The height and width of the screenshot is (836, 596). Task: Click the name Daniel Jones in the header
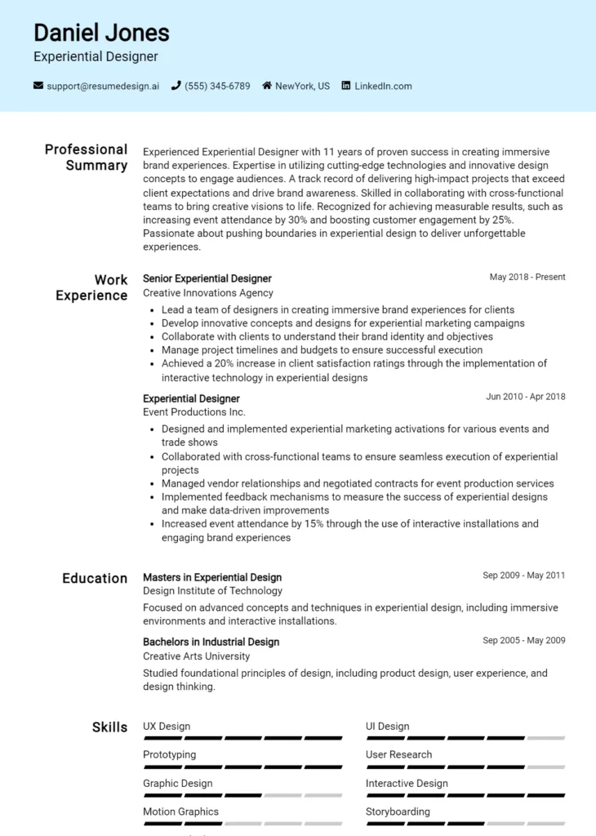pyautogui.click(x=101, y=33)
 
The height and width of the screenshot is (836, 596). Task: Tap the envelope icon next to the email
pyautogui.click(x=38, y=86)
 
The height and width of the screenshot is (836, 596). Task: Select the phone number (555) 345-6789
pyautogui.click(x=217, y=86)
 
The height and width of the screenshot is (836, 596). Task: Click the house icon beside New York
pyautogui.click(x=267, y=86)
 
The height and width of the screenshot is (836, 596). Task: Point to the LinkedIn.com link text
pyautogui.click(x=383, y=86)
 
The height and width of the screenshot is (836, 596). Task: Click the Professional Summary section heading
pyautogui.click(x=86, y=158)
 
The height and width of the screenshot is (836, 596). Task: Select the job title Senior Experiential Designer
pyautogui.click(x=207, y=278)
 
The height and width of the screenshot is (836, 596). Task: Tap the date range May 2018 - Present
pyautogui.click(x=527, y=278)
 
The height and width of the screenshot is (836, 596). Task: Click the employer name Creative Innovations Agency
pyautogui.click(x=208, y=293)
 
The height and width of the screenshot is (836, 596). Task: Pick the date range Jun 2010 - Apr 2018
pyautogui.click(x=526, y=397)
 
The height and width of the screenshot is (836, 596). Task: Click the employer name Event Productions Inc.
pyautogui.click(x=194, y=412)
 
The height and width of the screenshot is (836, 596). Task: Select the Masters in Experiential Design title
pyautogui.click(x=212, y=577)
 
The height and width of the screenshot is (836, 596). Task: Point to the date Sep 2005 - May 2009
pyautogui.click(x=524, y=641)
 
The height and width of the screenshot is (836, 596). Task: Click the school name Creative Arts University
pyautogui.click(x=197, y=656)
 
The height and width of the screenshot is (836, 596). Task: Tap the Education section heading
pyautogui.click(x=95, y=578)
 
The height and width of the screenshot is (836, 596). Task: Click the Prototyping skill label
pyautogui.click(x=169, y=755)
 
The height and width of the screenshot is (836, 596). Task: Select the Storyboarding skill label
pyautogui.click(x=398, y=812)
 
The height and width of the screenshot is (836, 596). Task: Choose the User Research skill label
pyautogui.click(x=398, y=755)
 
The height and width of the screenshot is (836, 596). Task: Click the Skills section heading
pyautogui.click(x=109, y=727)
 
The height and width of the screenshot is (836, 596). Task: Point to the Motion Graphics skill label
pyautogui.click(x=180, y=812)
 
